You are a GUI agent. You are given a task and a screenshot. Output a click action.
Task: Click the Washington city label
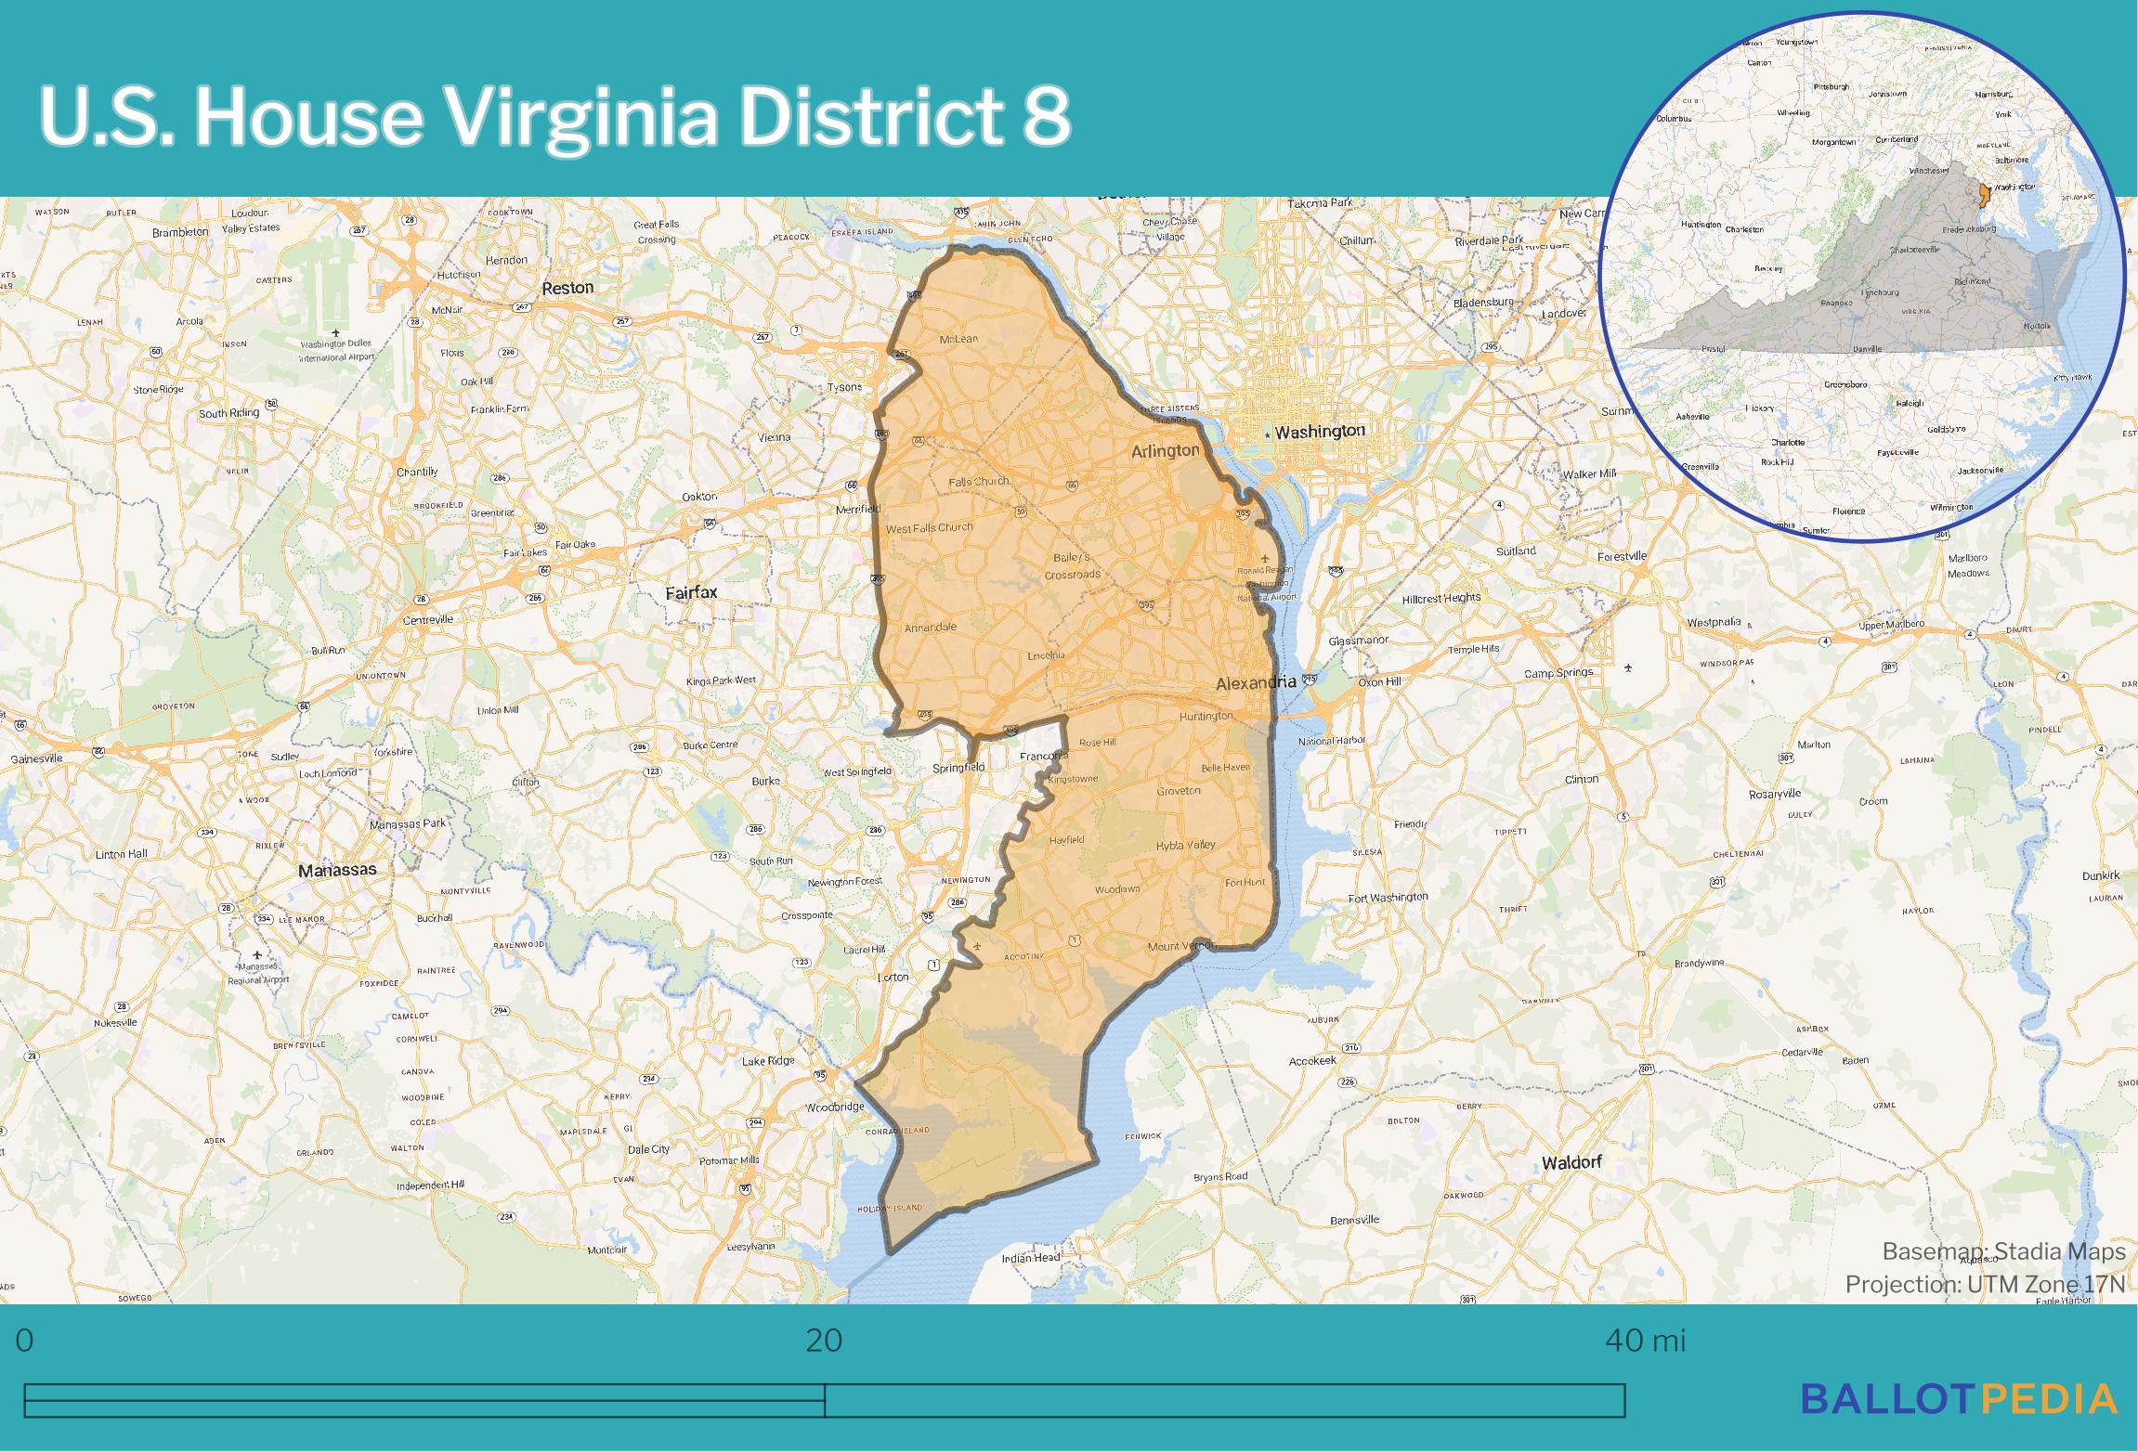[x=1319, y=432]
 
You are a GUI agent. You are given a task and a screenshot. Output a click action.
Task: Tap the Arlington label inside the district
[x=1165, y=451]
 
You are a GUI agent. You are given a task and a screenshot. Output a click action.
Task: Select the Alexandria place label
[x=1256, y=682]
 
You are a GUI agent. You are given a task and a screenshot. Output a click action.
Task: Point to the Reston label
[x=567, y=288]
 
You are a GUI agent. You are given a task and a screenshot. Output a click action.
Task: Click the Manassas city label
[x=337, y=870]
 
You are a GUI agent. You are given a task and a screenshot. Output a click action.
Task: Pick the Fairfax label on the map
[x=692, y=591]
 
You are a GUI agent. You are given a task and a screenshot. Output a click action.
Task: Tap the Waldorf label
[x=1571, y=1162]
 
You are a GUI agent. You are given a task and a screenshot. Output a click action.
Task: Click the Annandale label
[x=930, y=628]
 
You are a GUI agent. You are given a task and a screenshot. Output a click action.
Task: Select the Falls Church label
[x=979, y=482]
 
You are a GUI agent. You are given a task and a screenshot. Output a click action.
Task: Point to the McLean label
[x=958, y=339]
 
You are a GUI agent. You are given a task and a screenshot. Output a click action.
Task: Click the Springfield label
[x=959, y=768]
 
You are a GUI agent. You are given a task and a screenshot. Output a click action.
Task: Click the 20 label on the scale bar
[x=824, y=1341]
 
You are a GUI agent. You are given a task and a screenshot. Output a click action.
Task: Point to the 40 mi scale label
[x=1644, y=1341]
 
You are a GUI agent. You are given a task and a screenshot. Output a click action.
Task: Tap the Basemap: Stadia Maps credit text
[x=2003, y=1252]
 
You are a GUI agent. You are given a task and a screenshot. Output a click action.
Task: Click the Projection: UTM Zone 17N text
[x=1985, y=1285]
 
